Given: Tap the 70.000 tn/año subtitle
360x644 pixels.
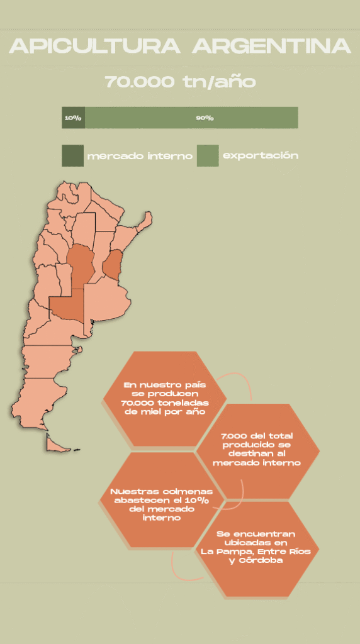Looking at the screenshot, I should click(x=180, y=82).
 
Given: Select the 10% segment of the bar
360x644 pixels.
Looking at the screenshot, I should click(x=73, y=118).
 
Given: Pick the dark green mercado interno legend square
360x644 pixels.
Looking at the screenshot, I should click(x=72, y=155).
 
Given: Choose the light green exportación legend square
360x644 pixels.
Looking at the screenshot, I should click(x=208, y=155).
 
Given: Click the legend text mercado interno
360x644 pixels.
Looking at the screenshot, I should click(x=140, y=156).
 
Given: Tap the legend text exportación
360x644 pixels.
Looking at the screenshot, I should click(x=261, y=155).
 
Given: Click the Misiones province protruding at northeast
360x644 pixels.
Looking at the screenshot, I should click(x=145, y=221).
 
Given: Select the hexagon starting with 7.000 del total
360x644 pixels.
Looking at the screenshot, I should click(x=257, y=449).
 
